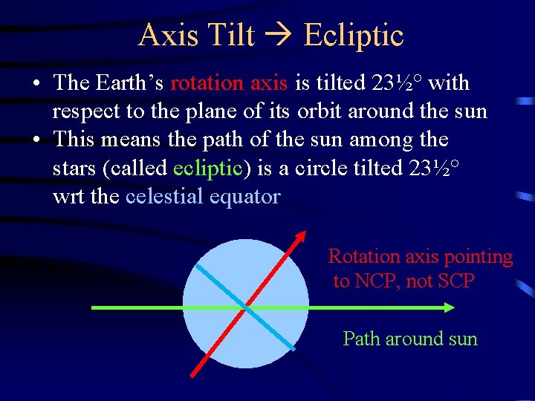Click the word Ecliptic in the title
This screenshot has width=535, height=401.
coord(354,36)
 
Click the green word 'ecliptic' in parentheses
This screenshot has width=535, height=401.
coord(207,168)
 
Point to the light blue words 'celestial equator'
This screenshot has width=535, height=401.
coord(203,197)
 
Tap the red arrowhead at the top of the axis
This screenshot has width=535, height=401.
coord(301,237)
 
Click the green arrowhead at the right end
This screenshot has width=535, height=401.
coord(448,307)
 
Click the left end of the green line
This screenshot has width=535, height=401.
coord(93,307)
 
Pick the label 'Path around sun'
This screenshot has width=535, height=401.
coord(410,339)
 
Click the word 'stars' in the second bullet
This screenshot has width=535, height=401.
coord(77,168)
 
